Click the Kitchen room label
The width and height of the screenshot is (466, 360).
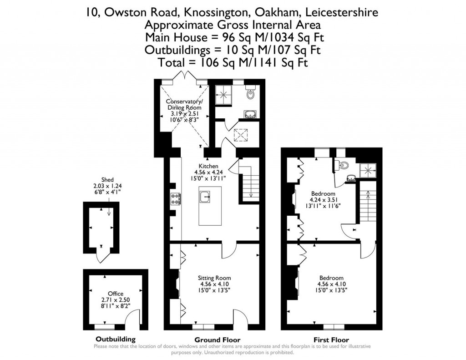tap(208, 166)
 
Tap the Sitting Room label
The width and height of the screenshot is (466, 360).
tap(214, 278)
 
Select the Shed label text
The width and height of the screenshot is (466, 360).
tap(108, 180)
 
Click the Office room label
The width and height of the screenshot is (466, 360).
tap(116, 294)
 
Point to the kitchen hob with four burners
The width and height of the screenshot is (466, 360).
tap(175, 199)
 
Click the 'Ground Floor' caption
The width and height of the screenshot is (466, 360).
tap(217, 340)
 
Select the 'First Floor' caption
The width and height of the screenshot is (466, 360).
tap(331, 340)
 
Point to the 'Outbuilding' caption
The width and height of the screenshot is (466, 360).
tap(116, 339)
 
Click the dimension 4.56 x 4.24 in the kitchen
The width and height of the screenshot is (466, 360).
tap(208, 172)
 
